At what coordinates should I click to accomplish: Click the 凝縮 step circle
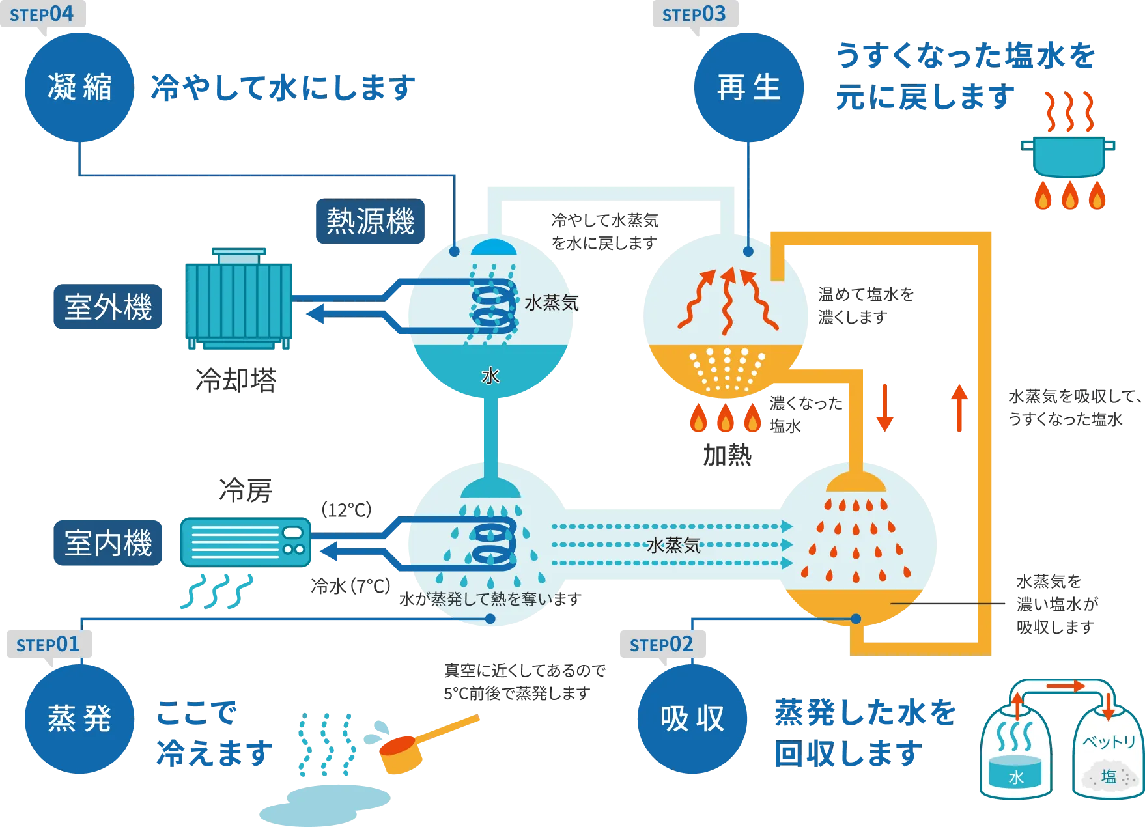(79, 87)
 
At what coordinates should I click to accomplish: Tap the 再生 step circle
(749, 87)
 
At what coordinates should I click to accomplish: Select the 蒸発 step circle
(79, 719)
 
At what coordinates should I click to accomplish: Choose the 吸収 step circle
(692, 719)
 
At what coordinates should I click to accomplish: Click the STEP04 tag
(42, 14)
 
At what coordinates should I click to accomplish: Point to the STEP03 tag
(695, 14)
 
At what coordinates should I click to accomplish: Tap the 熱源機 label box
(370, 221)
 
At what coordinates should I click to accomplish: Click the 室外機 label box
(108, 307)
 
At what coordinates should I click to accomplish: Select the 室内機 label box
(108, 542)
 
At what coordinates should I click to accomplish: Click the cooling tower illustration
(238, 298)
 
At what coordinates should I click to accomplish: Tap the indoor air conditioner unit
(246, 542)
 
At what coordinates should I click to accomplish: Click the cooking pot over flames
(1068, 156)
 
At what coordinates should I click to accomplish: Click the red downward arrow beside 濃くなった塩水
(884, 408)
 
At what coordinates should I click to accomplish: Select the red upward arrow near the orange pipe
(959, 408)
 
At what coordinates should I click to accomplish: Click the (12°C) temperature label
(346, 509)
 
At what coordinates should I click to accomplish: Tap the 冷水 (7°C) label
(350, 586)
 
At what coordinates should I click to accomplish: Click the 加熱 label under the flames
(728, 455)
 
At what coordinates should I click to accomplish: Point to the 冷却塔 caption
(236, 380)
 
